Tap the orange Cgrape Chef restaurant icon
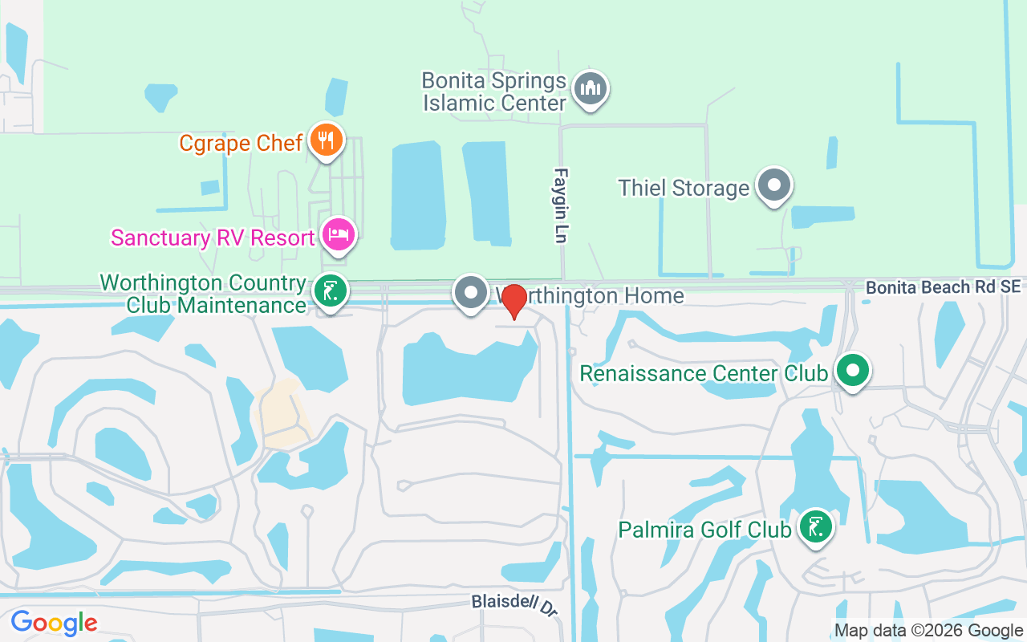[326, 141]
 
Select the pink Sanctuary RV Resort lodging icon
[339, 235]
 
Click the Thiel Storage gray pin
[774, 185]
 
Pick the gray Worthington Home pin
[471, 293]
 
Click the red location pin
[513, 302]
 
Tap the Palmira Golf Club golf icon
[816, 527]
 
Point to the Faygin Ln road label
[561, 205]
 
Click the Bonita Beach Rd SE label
[944, 287]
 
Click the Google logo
[54, 622]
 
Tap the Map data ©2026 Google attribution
[928, 631]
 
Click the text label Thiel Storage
[683, 188]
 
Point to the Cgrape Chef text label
[241, 143]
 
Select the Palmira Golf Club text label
[704, 530]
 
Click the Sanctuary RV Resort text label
[213, 238]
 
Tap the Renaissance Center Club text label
[703, 374]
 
